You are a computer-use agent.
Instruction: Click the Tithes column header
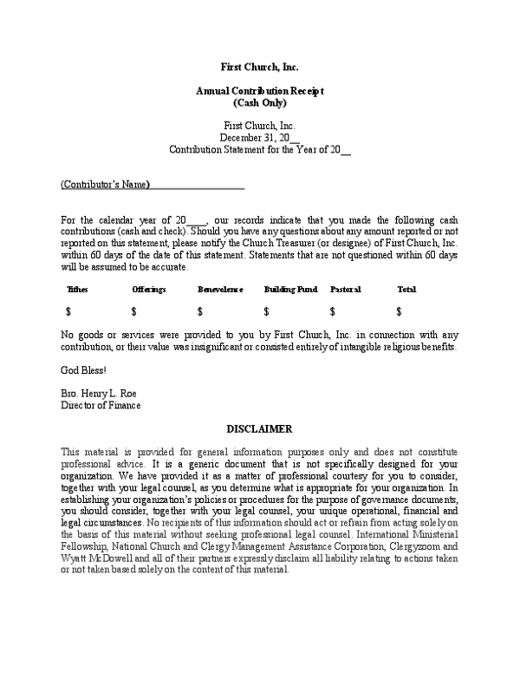[77, 289]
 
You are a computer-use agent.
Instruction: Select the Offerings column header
[149, 289]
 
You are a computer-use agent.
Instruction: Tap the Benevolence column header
[220, 289]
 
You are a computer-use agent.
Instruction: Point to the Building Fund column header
[290, 289]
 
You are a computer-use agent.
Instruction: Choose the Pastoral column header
[345, 289]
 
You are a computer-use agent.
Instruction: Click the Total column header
[406, 289]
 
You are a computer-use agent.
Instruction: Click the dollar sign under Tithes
[68, 311]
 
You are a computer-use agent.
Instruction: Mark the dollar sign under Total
[399, 311]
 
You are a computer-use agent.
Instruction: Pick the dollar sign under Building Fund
[266, 311]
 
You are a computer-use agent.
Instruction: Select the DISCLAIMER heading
[259, 429]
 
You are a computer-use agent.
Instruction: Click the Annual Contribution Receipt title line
[260, 91]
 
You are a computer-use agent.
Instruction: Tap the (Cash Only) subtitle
[260, 102]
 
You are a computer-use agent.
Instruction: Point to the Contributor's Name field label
[105, 185]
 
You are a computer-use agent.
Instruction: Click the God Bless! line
[83, 370]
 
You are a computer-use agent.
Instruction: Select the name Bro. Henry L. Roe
[101, 393]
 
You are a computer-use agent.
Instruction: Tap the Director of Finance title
[101, 405]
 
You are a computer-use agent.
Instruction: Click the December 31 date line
[259, 137]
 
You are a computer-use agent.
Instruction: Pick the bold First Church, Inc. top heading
[260, 67]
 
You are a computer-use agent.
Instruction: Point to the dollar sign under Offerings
[134, 311]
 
